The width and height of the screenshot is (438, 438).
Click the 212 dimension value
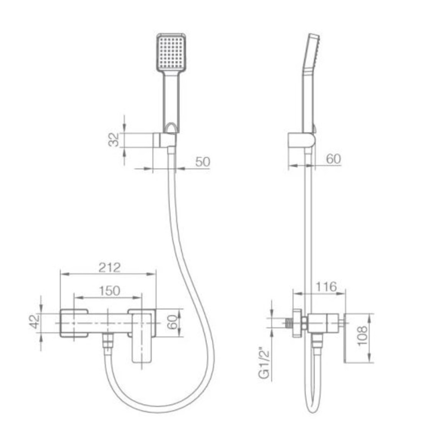coord(109,267)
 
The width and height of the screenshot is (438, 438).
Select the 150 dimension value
coord(109,291)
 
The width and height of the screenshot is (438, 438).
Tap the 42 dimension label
coord(34,322)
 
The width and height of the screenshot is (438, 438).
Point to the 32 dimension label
coord(114,140)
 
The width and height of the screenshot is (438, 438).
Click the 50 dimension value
coord(202,162)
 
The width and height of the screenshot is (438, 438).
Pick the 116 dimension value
coord(326,287)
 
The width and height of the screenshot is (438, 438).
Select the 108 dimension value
coord(362,336)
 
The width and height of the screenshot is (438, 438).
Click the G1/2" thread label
coord(265,363)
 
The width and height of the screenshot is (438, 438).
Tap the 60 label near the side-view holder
coord(334,159)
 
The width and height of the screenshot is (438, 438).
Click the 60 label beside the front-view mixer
coord(172,322)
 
